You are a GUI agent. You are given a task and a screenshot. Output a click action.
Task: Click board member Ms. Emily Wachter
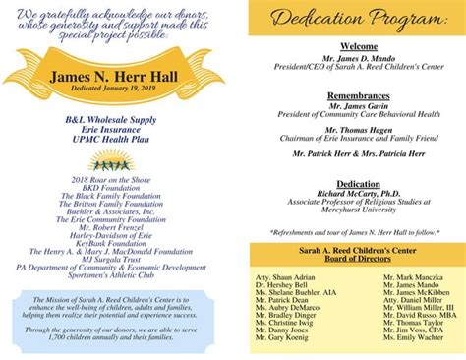coord(413,337)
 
